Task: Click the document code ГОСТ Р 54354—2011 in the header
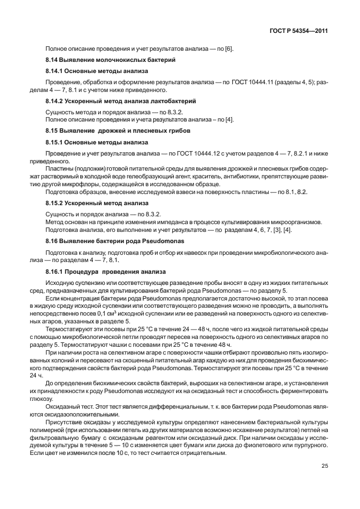pyautogui.click(x=298, y=32)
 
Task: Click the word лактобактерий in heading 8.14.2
pyautogui.click(x=173, y=101)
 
